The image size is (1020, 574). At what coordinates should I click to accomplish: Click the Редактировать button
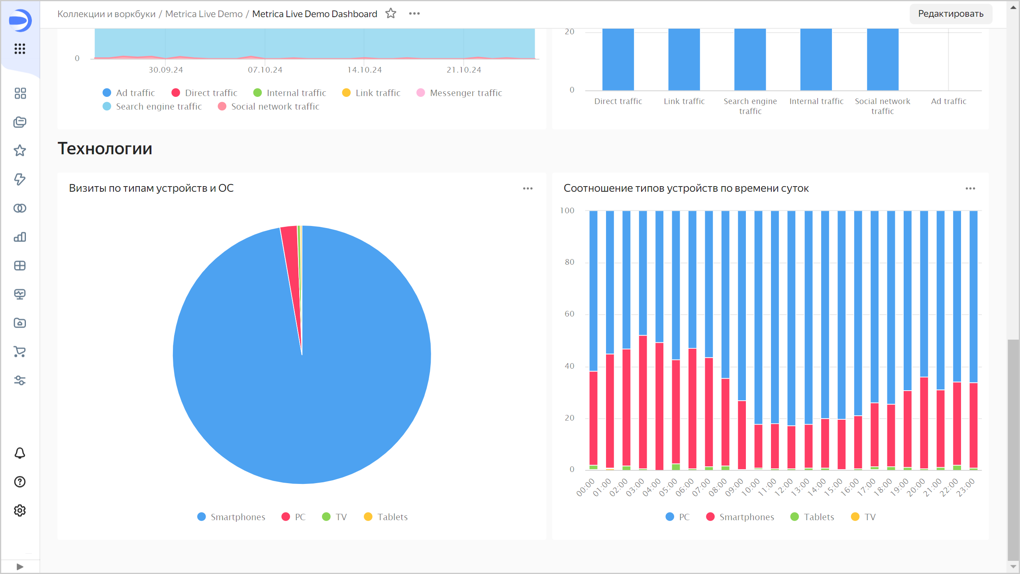pyautogui.click(x=950, y=14)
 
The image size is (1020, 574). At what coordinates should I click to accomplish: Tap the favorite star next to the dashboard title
pyautogui.click(x=391, y=14)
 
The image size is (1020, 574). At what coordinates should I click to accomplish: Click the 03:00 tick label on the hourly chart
pyautogui.click(x=635, y=488)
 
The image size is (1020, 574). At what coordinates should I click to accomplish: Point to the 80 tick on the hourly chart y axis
pyautogui.click(x=569, y=262)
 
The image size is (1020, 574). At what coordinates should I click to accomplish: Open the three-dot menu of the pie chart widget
pyautogui.click(x=528, y=189)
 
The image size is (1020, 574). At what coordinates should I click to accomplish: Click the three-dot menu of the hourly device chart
pyautogui.click(x=970, y=189)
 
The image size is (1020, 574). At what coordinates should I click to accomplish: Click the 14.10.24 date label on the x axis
pyautogui.click(x=364, y=70)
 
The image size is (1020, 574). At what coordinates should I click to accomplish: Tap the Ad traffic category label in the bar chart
pyautogui.click(x=948, y=102)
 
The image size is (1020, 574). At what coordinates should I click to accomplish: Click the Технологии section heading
pyautogui.click(x=105, y=149)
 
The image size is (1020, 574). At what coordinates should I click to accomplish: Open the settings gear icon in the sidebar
pyautogui.click(x=20, y=511)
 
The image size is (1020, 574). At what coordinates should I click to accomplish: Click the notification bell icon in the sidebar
pyautogui.click(x=20, y=453)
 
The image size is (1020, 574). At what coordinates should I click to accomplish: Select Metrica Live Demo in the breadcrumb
pyautogui.click(x=204, y=14)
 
